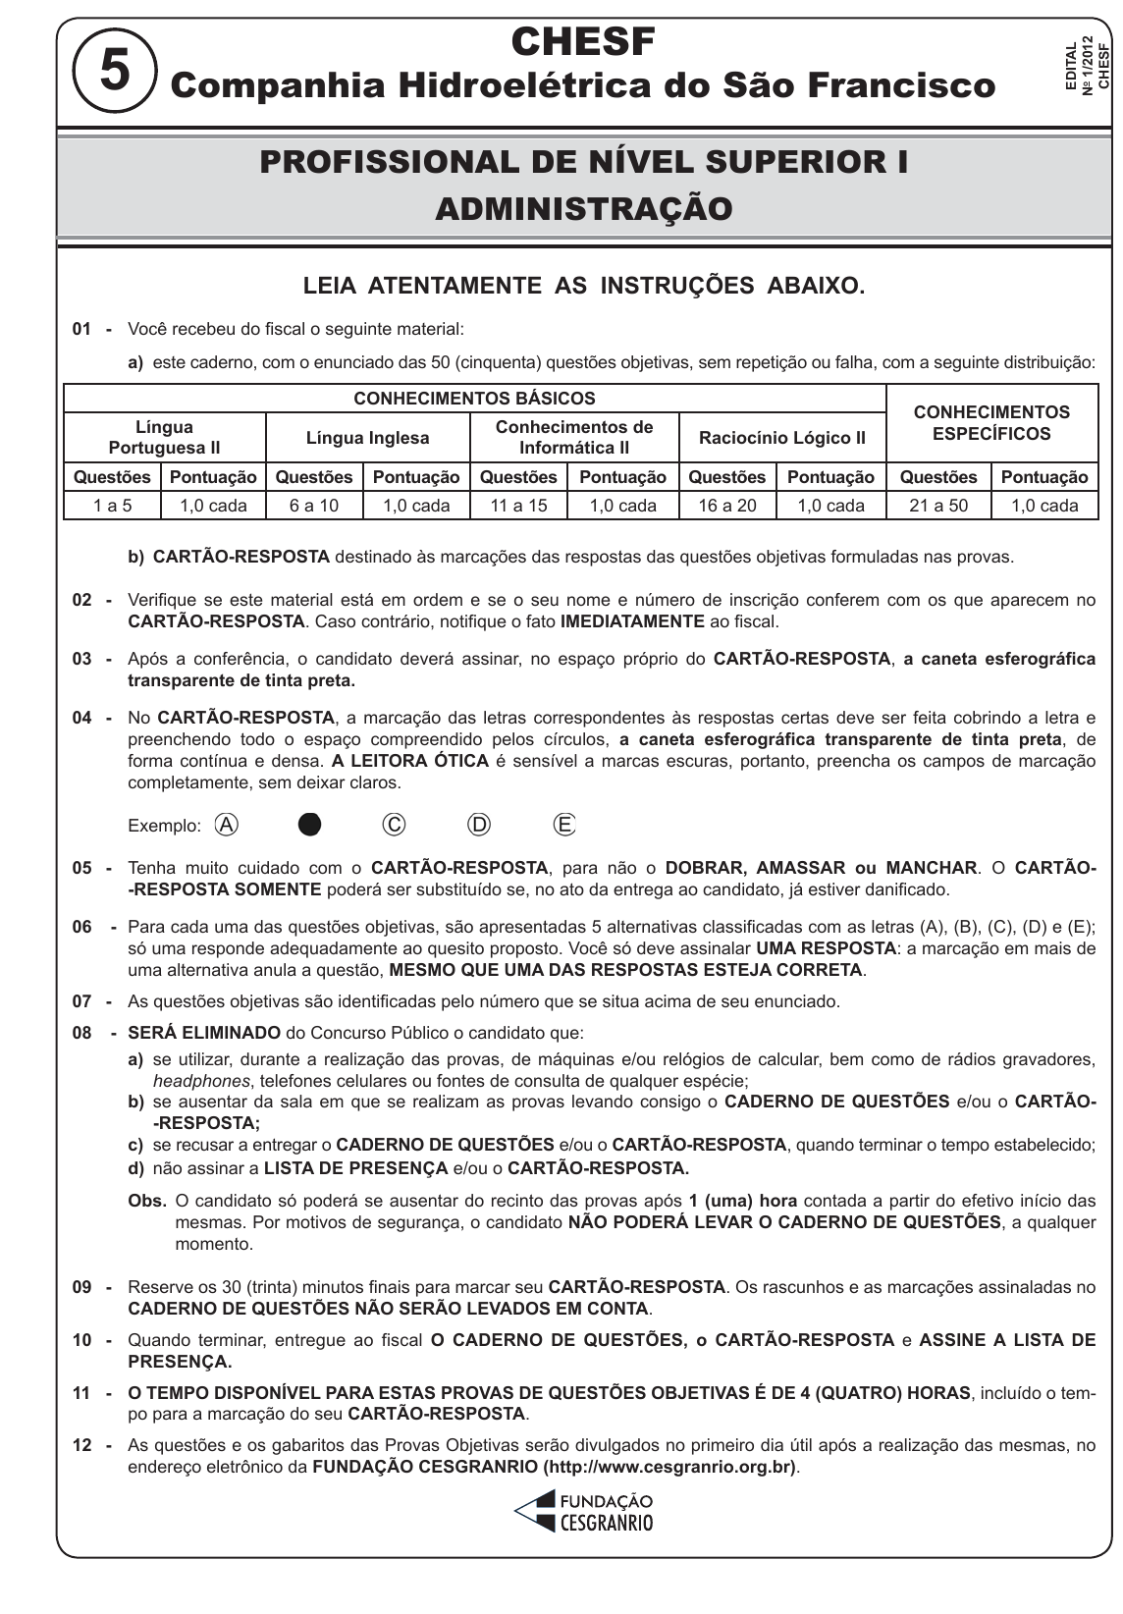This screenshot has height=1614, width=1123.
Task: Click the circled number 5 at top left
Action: coord(114,73)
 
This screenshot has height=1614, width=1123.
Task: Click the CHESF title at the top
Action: coord(583,42)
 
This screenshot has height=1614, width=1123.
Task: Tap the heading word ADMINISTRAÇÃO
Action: coord(583,209)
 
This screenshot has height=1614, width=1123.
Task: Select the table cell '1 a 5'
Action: coord(112,506)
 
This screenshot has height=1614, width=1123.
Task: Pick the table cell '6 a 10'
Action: coord(314,506)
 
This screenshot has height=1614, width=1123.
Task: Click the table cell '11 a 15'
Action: coord(519,506)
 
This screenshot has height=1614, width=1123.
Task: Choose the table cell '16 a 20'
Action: coord(726,506)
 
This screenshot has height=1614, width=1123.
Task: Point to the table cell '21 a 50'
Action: coord(938,506)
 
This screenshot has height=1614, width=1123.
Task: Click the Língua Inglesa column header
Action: coord(367,438)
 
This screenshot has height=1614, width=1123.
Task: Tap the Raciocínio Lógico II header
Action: coord(781,438)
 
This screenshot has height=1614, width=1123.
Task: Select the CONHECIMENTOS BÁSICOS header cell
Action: coord(474,399)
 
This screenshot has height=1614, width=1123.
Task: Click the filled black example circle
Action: coord(309,825)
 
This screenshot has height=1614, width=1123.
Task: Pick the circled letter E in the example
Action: coord(564,825)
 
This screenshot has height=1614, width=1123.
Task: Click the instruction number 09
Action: coord(82,1287)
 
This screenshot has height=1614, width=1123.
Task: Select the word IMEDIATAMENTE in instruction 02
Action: coord(632,621)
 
